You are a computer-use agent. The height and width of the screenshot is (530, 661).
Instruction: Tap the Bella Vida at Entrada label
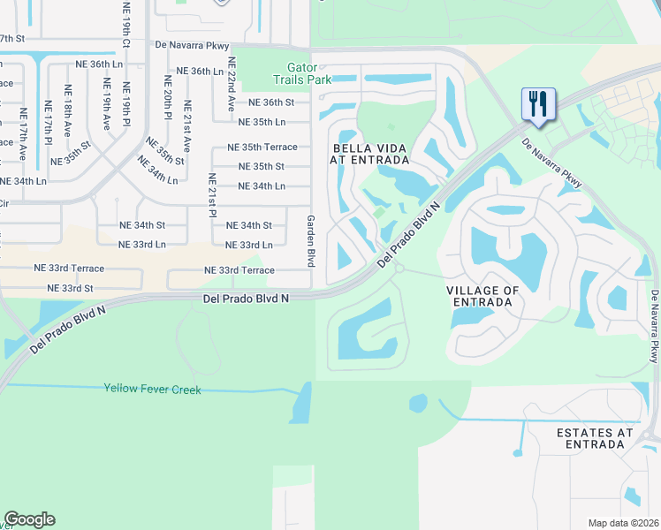(370, 154)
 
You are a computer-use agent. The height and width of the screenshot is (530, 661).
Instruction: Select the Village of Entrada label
(481, 296)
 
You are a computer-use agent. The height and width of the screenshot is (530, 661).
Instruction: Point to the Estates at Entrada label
(595, 438)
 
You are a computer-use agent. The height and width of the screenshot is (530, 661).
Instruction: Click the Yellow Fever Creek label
(152, 389)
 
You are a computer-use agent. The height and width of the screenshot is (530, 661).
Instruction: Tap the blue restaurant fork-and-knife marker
(537, 105)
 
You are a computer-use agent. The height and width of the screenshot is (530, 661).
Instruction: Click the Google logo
(29, 519)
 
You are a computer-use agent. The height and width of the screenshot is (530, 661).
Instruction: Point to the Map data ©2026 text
(623, 523)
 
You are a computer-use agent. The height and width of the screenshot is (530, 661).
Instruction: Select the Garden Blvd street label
(311, 241)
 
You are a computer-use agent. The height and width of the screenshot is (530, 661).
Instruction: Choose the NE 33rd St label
(71, 288)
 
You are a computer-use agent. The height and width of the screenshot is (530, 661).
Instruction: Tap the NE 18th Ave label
(66, 110)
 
